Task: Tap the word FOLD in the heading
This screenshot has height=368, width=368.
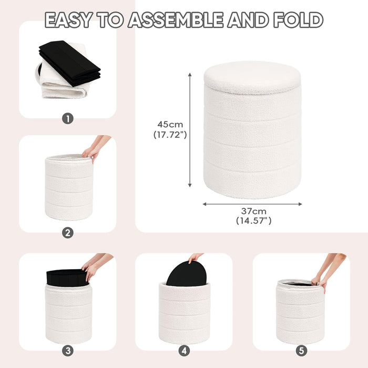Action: coord(298,20)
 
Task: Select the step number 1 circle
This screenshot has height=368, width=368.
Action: coord(67,118)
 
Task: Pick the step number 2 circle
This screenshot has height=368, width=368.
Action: coord(67,233)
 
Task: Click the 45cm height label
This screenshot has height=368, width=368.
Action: coord(170,125)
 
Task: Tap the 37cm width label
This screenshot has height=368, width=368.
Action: coord(253,211)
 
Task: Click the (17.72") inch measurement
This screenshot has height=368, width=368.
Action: coord(170,135)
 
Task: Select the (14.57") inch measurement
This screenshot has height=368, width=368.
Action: coord(253,221)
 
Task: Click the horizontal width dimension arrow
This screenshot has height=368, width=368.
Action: coord(252,203)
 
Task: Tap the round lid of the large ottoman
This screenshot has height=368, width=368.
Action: coord(252,77)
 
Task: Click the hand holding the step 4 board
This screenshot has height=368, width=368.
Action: coord(196,257)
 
